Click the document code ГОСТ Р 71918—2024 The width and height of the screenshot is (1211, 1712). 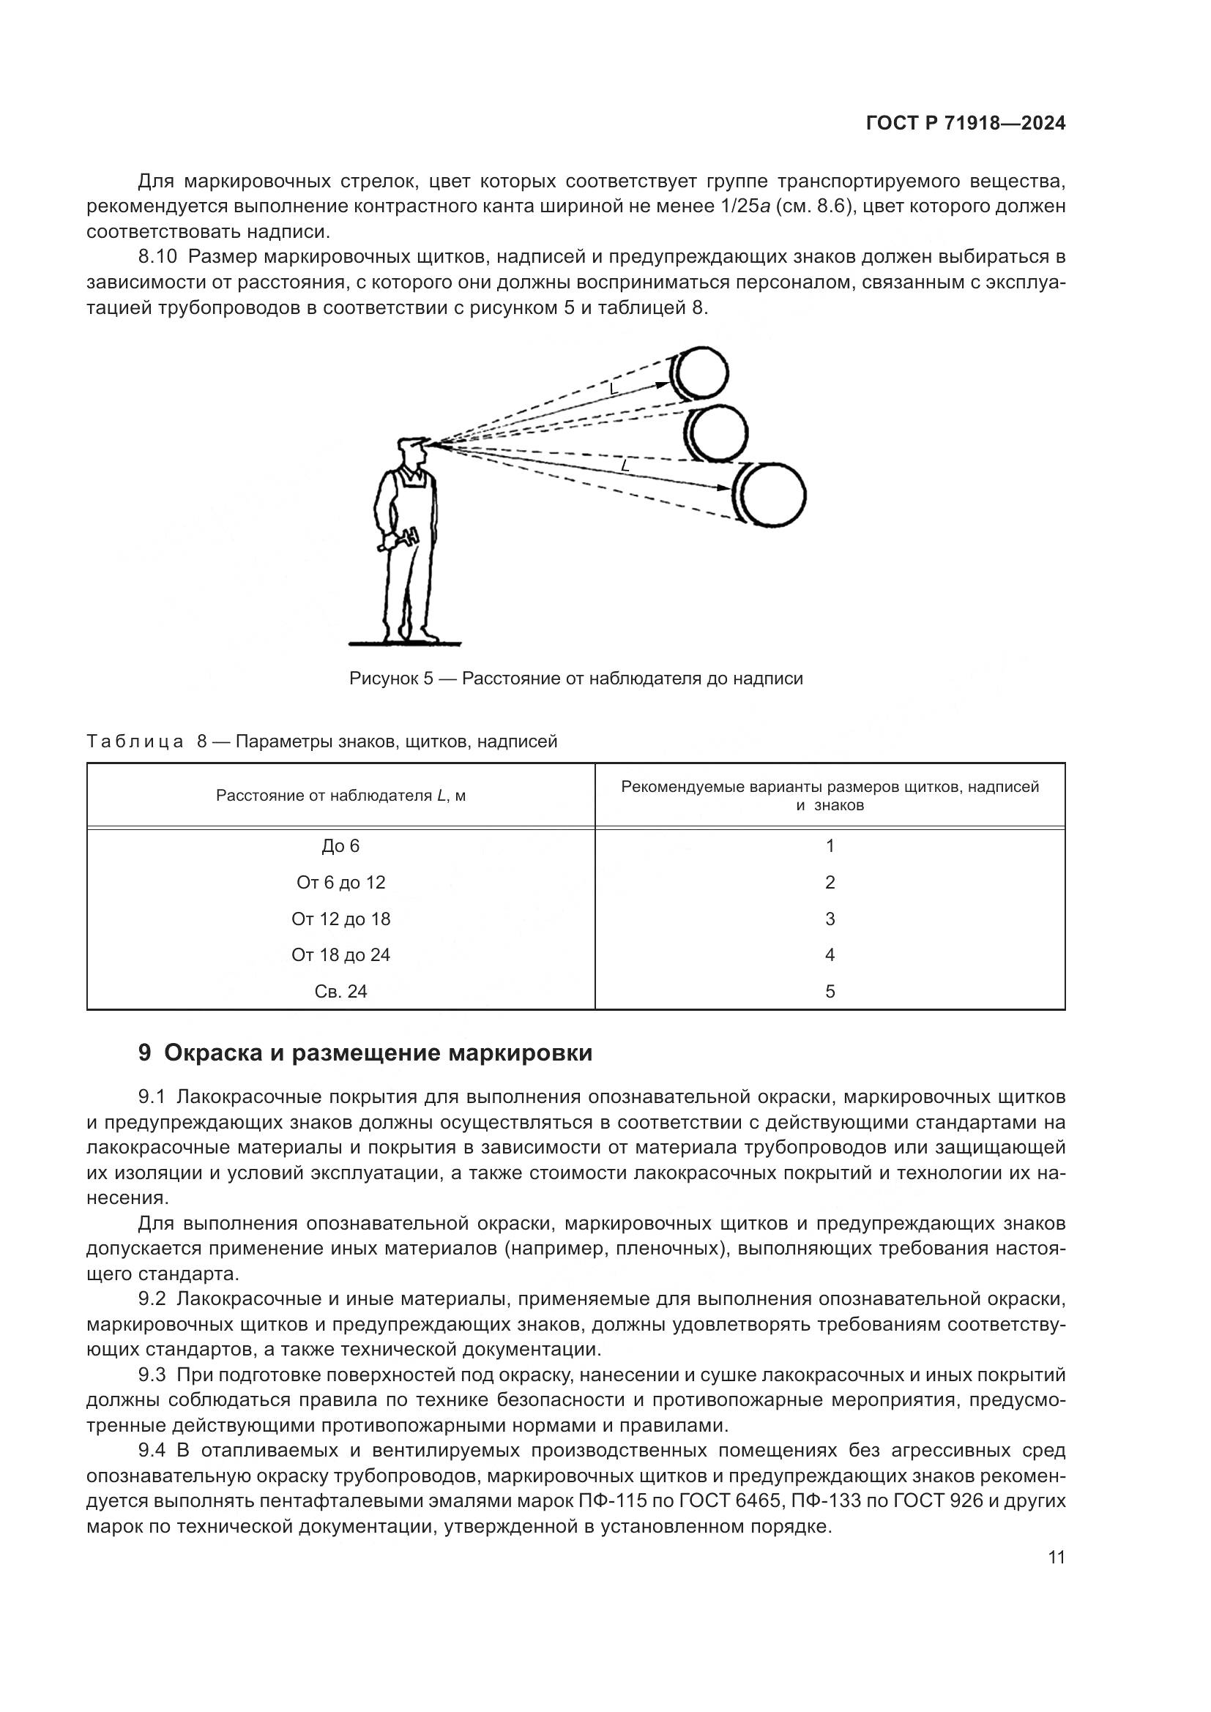965,124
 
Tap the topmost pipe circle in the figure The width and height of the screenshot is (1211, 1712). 701,372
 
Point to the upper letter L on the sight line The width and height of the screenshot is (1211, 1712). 614,389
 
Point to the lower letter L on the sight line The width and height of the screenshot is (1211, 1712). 624,466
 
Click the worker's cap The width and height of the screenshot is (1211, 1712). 411,443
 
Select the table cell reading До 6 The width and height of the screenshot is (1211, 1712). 340,845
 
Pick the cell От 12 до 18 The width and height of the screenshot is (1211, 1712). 340,919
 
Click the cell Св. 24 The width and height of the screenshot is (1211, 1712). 340,992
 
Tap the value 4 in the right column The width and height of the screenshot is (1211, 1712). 830,955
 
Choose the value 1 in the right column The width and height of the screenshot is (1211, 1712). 830,845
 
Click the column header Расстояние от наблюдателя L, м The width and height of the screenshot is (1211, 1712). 340,796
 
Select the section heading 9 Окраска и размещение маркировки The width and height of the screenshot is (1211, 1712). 365,1053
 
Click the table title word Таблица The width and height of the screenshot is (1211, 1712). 135,742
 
